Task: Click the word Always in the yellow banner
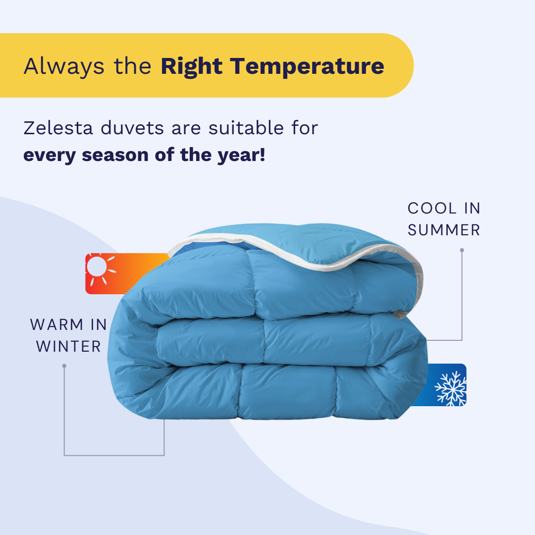click(64, 66)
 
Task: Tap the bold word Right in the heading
click(191, 66)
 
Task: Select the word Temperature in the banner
click(307, 66)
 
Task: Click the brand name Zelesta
click(58, 128)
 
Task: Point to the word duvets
click(132, 128)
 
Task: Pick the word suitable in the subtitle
click(246, 128)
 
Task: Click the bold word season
click(114, 155)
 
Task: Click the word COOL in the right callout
click(432, 209)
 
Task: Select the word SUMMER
click(444, 230)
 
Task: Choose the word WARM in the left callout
click(56, 325)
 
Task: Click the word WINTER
click(68, 347)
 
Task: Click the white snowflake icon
click(451, 389)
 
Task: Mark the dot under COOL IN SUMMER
click(462, 250)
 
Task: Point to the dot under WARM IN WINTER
click(64, 366)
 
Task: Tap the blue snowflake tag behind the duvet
click(443, 385)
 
